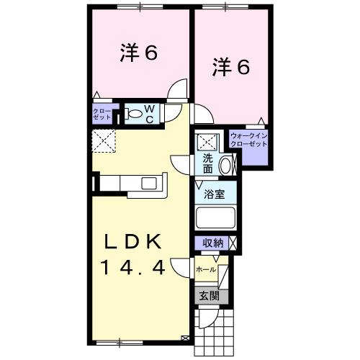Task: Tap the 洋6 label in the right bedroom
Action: point(230,67)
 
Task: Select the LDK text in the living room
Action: point(134,241)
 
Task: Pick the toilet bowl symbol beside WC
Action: point(134,113)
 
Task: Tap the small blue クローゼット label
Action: point(101,112)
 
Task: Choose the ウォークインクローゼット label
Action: point(249,140)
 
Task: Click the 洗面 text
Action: point(207,163)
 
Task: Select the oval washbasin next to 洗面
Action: point(224,164)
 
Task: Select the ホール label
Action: point(205,270)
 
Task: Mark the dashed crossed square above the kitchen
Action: point(103,141)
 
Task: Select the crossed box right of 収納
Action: point(233,244)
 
